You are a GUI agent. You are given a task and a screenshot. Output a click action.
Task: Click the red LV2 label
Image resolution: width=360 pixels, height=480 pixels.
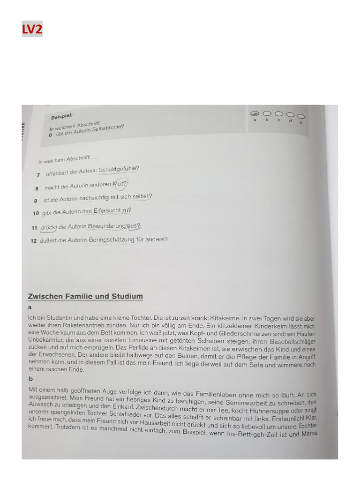32,30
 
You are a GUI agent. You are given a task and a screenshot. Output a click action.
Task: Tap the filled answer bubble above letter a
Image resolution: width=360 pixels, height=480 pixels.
255,114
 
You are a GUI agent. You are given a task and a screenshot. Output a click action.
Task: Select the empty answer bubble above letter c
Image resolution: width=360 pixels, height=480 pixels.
279,114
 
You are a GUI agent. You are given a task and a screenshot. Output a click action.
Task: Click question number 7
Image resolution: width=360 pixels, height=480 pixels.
38,175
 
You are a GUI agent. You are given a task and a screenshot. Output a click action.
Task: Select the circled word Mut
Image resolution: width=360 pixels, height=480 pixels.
119,183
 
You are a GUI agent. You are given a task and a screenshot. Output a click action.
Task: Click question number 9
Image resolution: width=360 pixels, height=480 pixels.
36,201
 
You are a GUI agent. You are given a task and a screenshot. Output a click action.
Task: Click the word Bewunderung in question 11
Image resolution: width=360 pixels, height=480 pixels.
107,226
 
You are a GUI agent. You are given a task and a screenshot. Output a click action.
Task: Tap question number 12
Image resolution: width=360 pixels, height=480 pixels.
33,241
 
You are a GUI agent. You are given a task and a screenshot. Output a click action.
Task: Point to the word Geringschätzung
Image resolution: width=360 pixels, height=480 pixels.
112,240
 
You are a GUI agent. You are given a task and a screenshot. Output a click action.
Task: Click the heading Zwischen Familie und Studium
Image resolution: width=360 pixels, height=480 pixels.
85,296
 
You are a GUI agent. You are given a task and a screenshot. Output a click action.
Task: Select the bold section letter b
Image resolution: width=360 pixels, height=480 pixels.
30,379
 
